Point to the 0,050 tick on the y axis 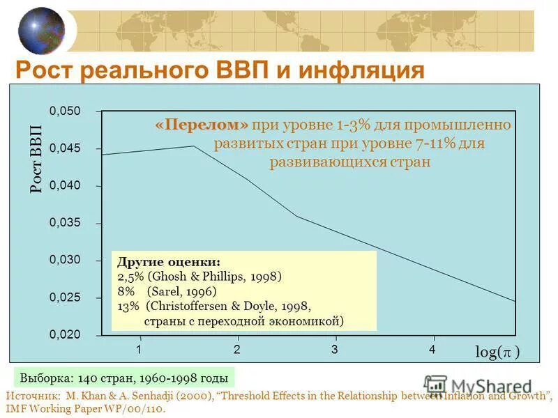[65, 111]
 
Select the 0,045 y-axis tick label [65, 149]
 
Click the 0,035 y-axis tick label [65, 223]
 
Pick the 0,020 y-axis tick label [65, 334]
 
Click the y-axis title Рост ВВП [36, 160]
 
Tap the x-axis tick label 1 [139, 349]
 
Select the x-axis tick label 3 [335, 349]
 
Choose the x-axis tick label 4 [432, 349]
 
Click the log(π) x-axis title [497, 353]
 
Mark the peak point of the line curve [193, 146]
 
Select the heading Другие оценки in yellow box [169, 263]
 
